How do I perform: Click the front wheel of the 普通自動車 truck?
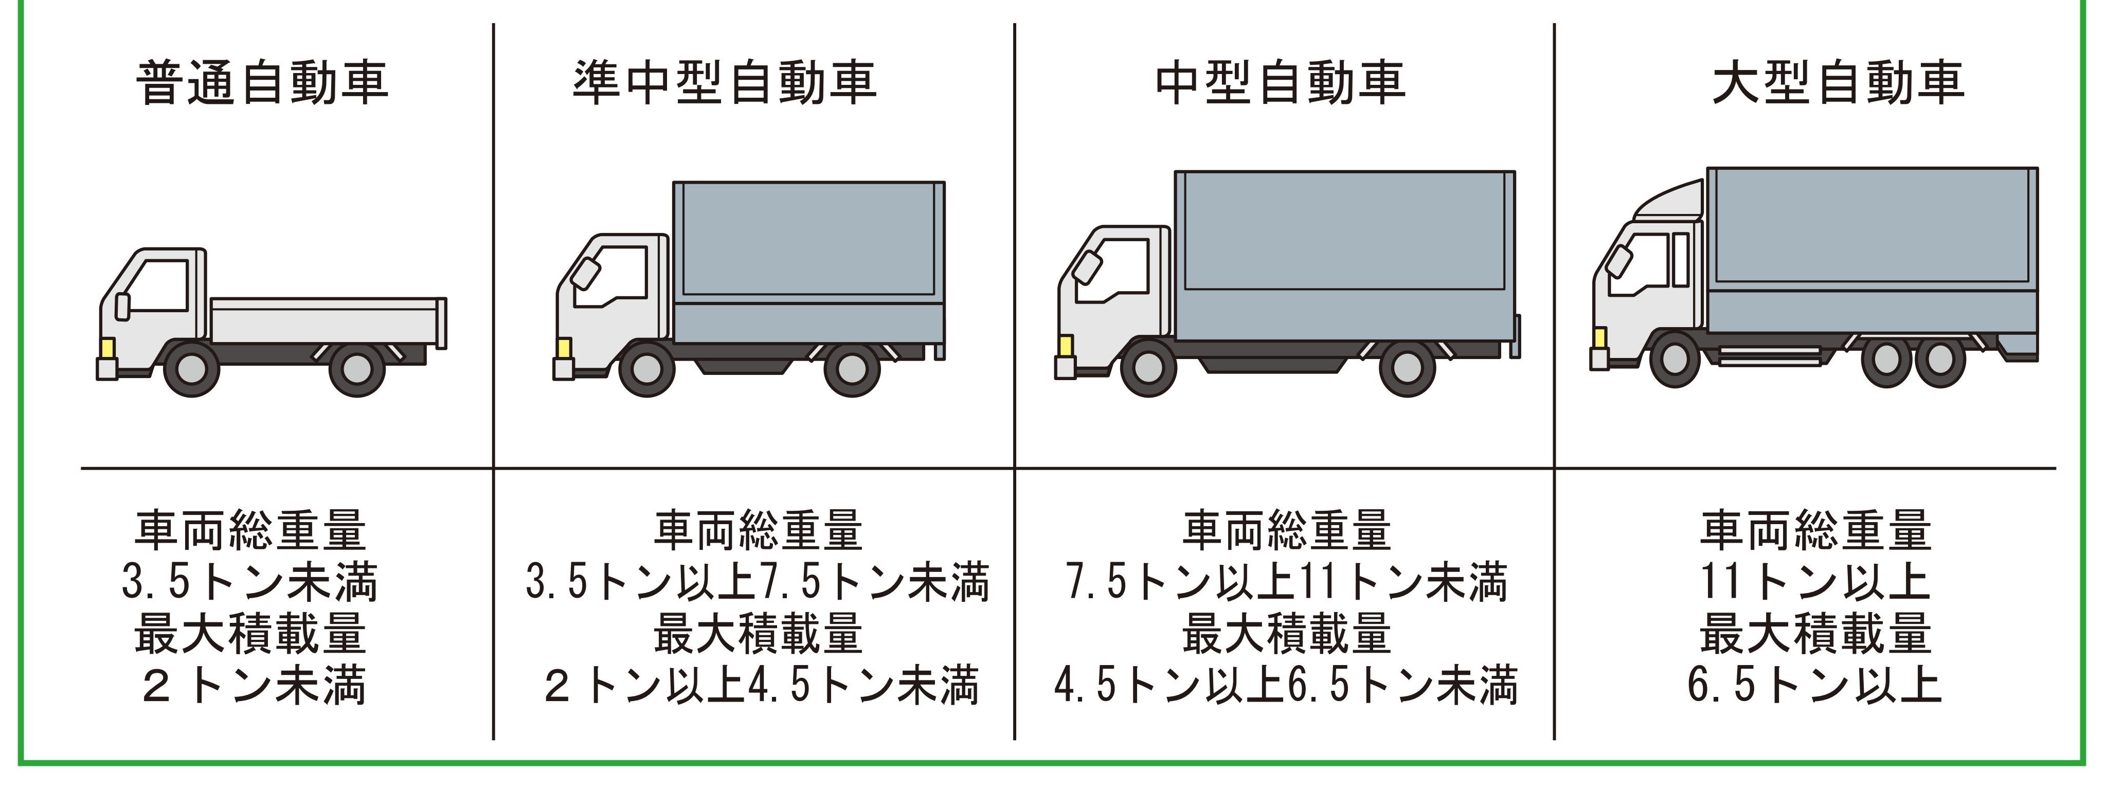tap(193, 370)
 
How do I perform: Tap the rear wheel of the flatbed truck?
tap(357, 370)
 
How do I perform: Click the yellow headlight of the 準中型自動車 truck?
tap(563, 348)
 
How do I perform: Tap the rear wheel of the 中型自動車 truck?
tap(1408, 370)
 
